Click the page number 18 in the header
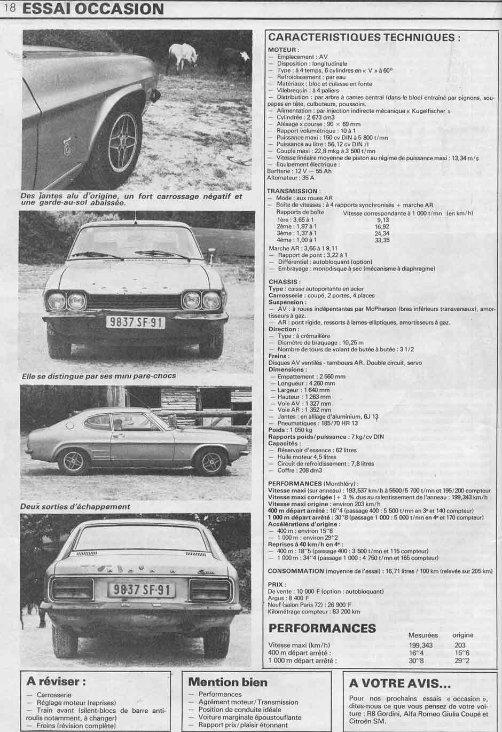point(9,8)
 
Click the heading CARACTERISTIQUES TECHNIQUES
point(364,37)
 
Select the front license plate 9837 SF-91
point(135,322)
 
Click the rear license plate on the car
point(142,589)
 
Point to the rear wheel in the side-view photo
point(72,461)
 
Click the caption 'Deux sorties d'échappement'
point(75,506)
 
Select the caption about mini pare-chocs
point(99,375)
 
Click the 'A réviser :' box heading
point(56,681)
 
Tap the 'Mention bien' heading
point(228,682)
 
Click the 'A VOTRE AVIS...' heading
point(399,683)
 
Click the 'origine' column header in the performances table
point(462,635)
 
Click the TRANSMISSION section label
point(293,191)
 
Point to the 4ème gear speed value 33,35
point(382,240)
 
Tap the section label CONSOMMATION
point(295,571)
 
